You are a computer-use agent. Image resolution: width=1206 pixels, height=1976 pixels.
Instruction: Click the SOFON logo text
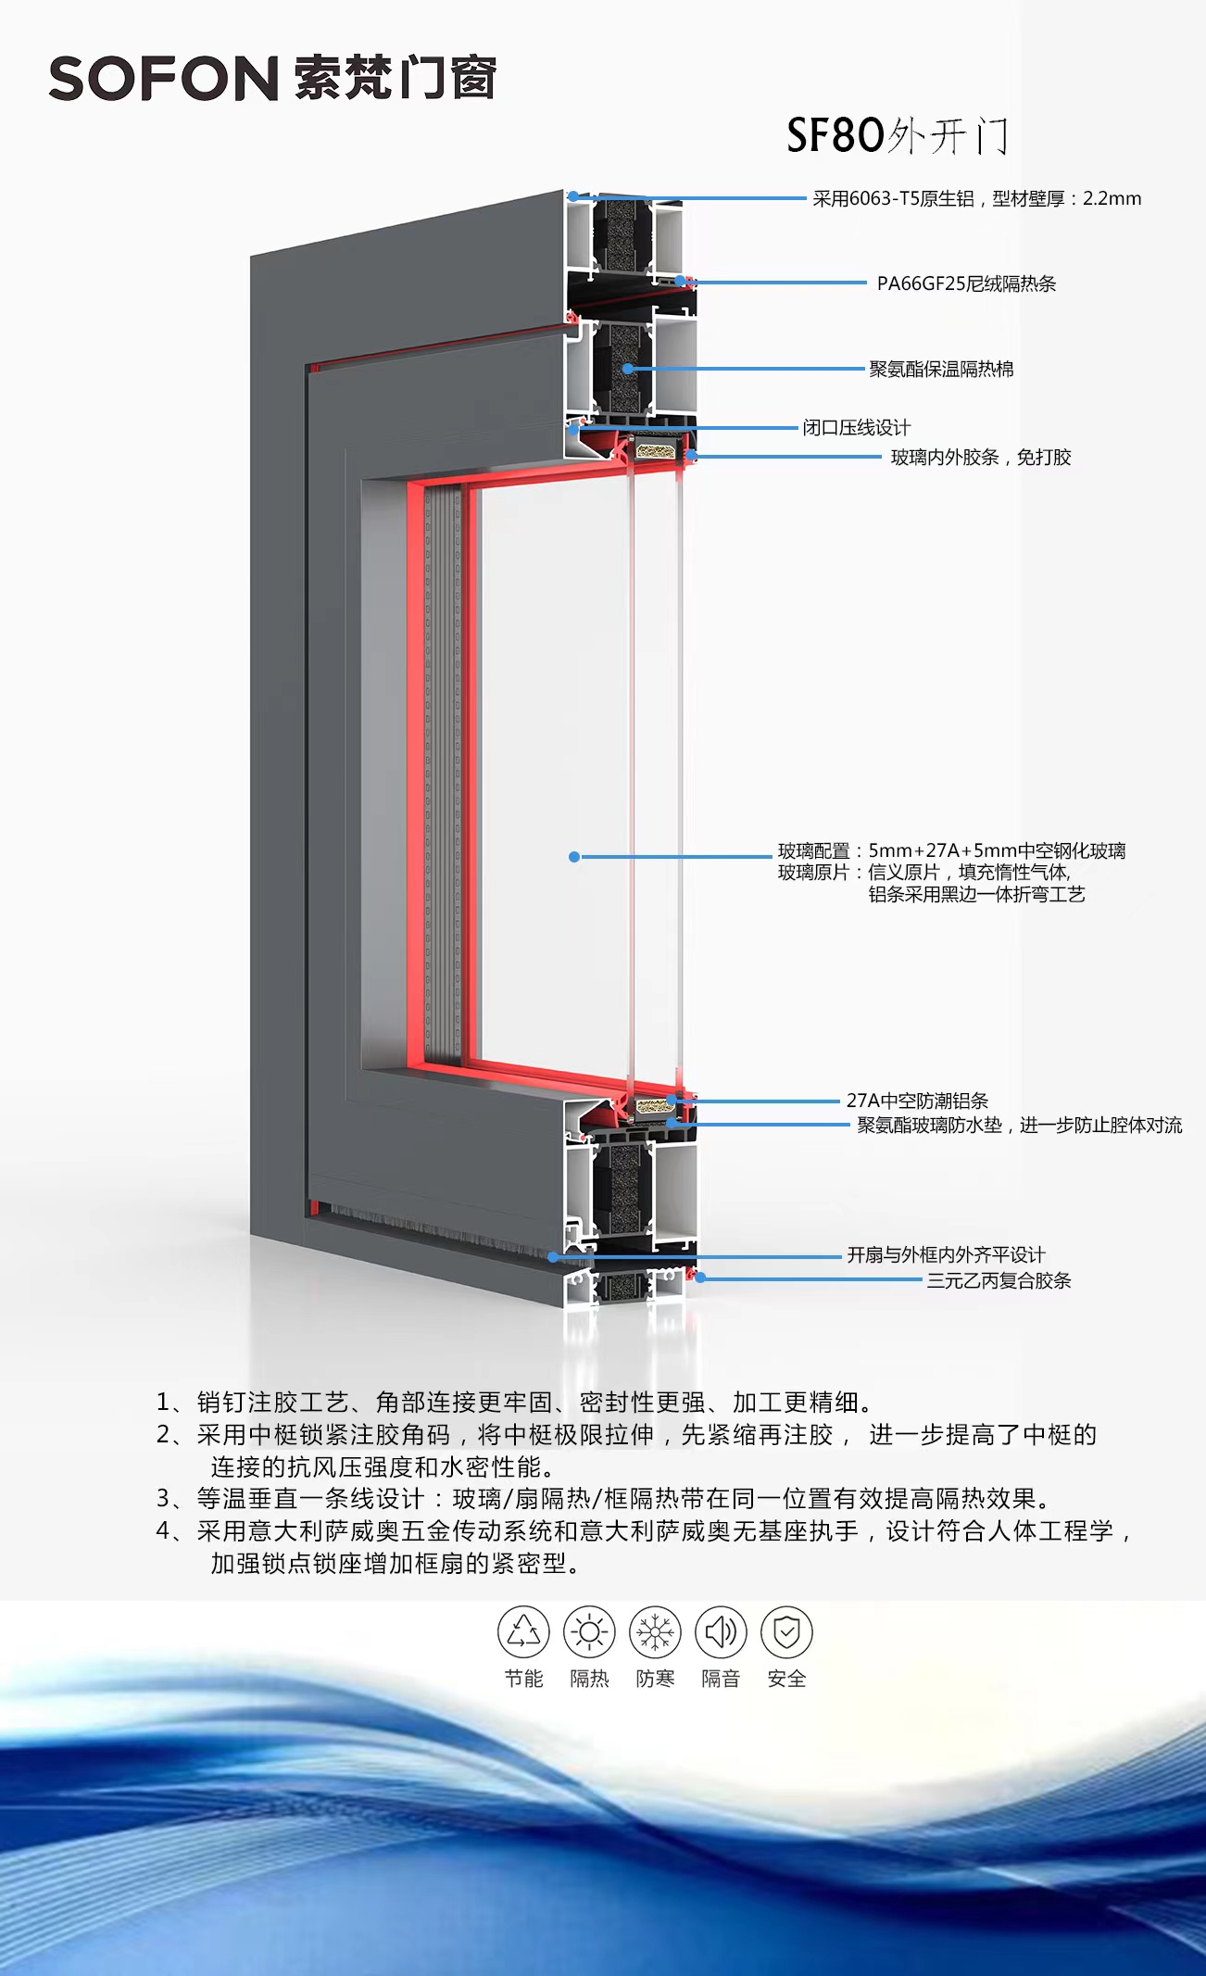(x=163, y=79)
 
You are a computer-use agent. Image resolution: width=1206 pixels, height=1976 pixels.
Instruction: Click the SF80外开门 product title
(x=897, y=136)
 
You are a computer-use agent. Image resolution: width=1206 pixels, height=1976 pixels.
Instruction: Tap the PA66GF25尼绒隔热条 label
(x=966, y=283)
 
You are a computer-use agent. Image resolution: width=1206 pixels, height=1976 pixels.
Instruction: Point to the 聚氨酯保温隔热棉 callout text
(x=941, y=369)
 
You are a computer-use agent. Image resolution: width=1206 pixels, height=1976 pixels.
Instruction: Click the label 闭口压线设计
(x=856, y=427)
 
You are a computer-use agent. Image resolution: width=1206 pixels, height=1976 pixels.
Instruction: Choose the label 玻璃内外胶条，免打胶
(x=980, y=457)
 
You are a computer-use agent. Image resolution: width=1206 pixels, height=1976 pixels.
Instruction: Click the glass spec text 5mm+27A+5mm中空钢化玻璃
(x=997, y=850)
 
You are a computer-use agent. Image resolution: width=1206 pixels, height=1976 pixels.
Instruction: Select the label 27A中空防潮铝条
(x=917, y=1101)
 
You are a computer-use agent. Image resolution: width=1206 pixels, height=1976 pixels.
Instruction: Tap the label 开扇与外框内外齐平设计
(x=946, y=1254)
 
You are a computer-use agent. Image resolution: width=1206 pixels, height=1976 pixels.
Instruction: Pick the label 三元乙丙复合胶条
(x=999, y=1280)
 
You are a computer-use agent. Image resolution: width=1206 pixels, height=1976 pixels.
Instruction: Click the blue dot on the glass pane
(x=574, y=857)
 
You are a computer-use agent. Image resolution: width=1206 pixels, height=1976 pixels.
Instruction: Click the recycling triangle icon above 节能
(x=523, y=1632)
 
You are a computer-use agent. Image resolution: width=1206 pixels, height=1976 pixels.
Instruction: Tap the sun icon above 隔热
(x=589, y=1632)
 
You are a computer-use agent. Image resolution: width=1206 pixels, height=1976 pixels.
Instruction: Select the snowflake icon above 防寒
(x=655, y=1632)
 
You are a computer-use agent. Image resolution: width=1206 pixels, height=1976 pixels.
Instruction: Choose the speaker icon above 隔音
(x=721, y=1632)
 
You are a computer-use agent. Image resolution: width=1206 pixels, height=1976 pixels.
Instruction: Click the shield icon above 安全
(x=786, y=1632)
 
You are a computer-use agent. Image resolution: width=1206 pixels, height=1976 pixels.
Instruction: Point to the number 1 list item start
(x=164, y=1403)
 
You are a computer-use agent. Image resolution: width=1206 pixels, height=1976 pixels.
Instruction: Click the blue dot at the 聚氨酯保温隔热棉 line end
(x=628, y=369)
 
